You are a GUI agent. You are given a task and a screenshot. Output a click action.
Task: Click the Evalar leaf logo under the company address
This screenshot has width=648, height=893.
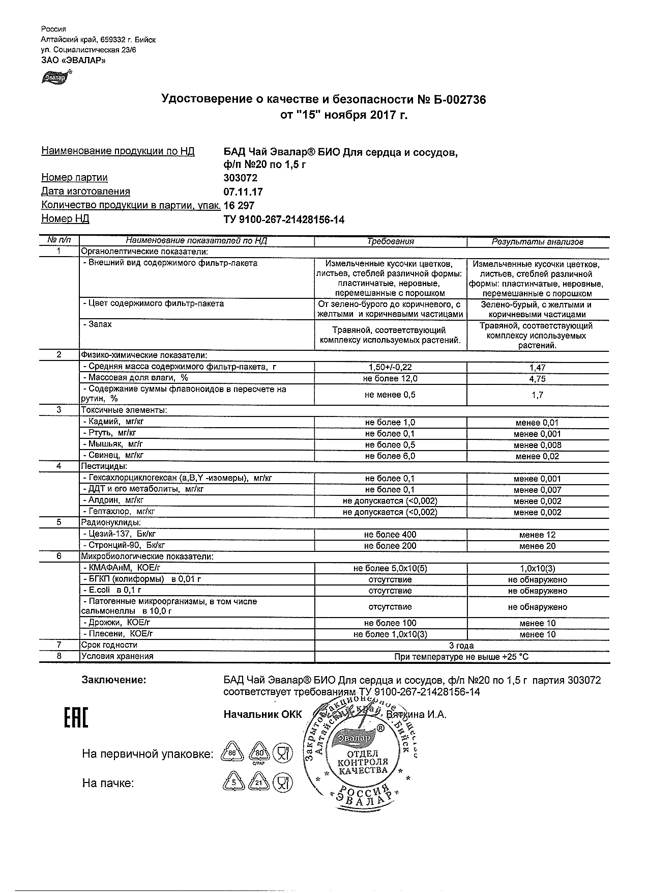[56, 77]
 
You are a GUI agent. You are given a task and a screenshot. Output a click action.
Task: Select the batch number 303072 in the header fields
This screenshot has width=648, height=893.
[241, 178]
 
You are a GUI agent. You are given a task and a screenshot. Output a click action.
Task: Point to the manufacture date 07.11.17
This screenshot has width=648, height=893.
[243, 192]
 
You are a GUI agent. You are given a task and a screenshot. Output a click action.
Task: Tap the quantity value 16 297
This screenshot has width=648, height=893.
[239, 206]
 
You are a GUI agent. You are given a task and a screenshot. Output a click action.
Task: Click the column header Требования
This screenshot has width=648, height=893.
[390, 242]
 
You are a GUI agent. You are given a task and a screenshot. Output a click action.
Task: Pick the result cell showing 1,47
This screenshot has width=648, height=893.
[537, 368]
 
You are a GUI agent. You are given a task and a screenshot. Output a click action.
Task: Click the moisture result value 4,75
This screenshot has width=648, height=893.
[537, 379]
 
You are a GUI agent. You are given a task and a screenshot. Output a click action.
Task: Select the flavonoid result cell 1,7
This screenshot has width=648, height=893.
[537, 395]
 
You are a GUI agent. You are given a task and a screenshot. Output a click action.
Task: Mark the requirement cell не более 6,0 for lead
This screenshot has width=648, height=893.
[390, 456]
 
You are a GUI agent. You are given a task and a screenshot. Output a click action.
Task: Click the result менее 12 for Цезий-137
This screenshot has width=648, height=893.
[537, 535]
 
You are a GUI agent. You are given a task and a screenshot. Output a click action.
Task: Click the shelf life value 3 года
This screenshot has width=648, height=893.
[462, 646]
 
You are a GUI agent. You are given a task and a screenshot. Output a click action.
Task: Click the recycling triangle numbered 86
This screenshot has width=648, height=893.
[232, 753]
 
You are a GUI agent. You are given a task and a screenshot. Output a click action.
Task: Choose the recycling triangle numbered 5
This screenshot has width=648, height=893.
[232, 783]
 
